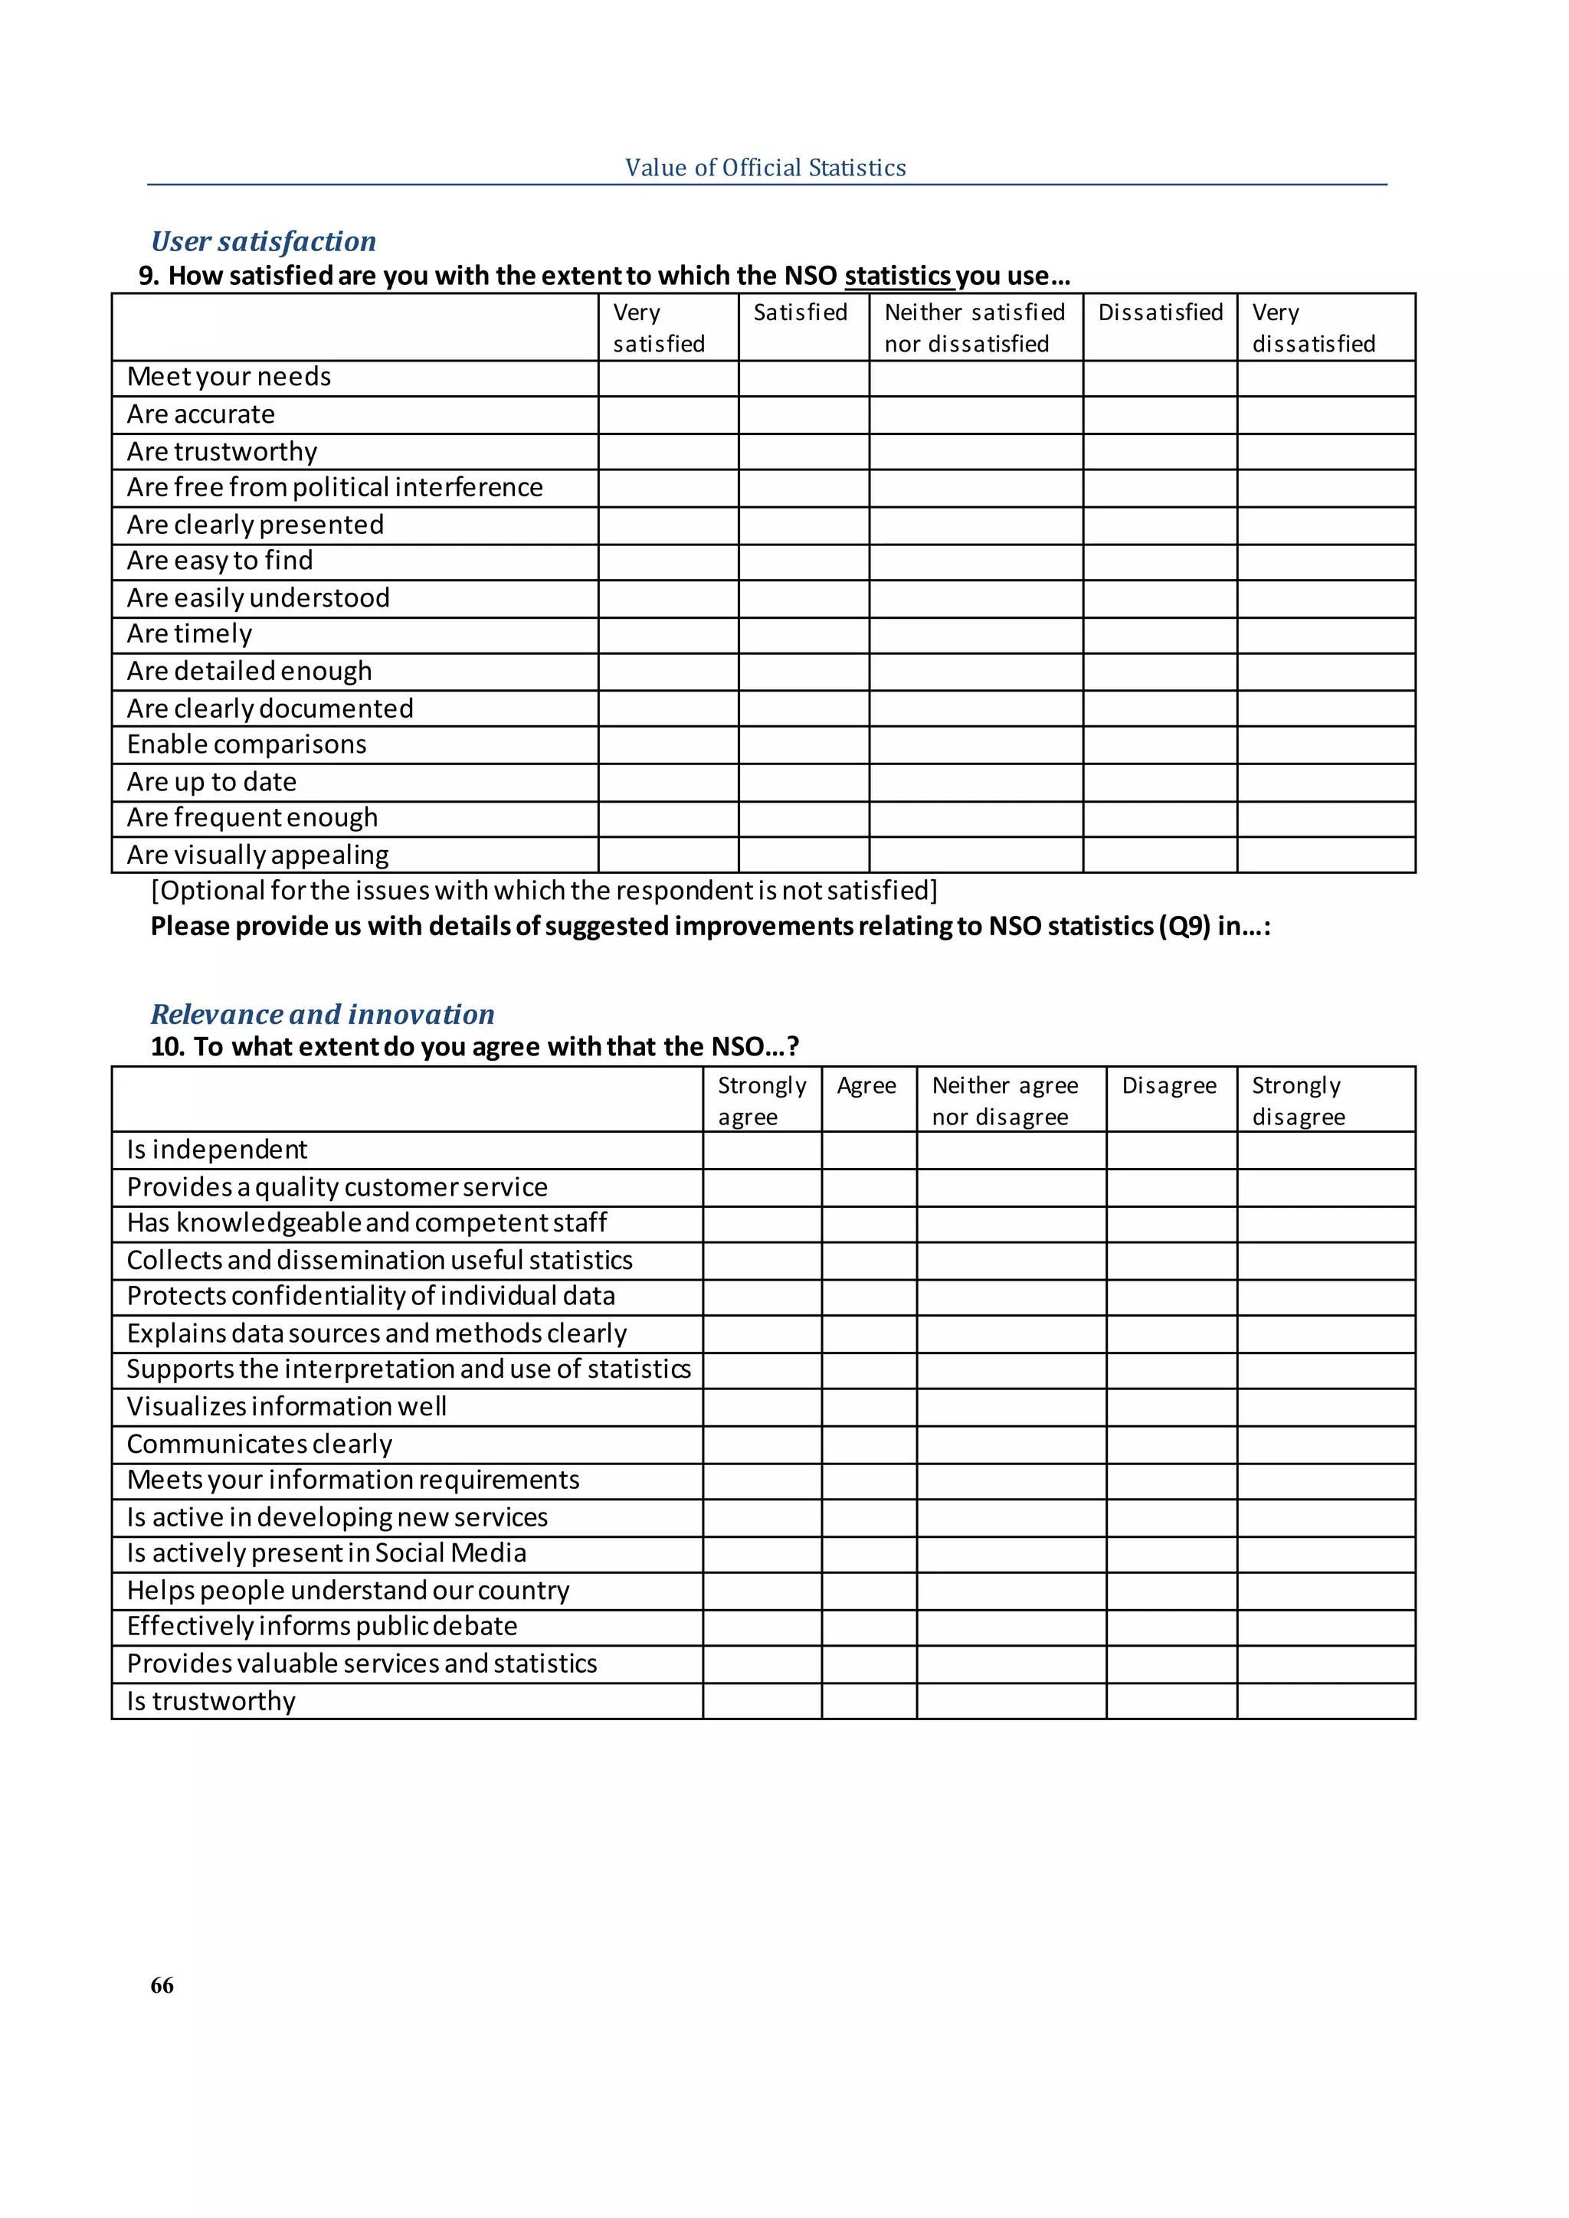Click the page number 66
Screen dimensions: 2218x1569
[162, 1984]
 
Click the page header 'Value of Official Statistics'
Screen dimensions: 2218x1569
[765, 168]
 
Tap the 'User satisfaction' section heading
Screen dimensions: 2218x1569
[264, 241]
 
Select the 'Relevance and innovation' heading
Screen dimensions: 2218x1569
[323, 1014]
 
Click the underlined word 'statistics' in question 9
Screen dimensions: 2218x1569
[899, 276]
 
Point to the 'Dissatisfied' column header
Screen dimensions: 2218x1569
[1161, 313]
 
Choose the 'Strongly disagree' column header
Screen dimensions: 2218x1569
[1298, 1101]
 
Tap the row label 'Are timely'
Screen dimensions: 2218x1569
[190, 635]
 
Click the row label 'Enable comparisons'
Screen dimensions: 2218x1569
[247, 744]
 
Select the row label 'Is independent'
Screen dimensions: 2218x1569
[218, 1150]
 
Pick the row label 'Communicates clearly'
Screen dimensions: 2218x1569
[260, 1444]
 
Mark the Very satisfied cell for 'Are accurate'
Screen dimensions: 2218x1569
[669, 415]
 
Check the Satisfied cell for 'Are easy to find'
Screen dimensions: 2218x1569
[804, 562]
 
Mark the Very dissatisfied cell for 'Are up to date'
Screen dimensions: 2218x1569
[1325, 783]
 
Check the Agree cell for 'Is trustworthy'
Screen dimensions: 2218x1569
[869, 1701]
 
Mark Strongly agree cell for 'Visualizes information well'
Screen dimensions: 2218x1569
[762, 1408]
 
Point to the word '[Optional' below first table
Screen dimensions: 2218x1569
[207, 891]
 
